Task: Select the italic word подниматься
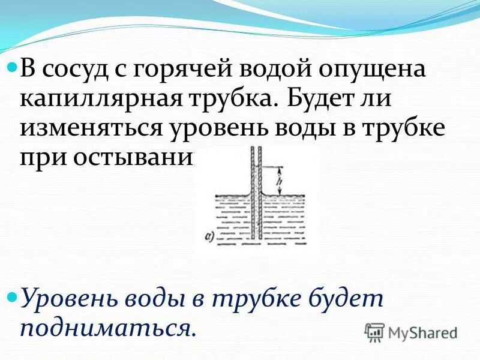pos(108,328)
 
